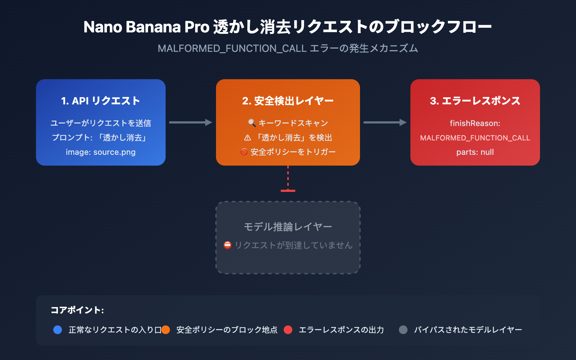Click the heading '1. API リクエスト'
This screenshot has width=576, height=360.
(100, 101)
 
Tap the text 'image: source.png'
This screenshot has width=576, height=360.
(100, 152)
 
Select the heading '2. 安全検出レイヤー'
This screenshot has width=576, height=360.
(288, 101)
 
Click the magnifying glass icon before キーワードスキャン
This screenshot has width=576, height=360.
(252, 123)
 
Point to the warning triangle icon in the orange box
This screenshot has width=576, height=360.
(248, 138)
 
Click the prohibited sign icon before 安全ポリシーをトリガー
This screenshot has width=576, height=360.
(244, 152)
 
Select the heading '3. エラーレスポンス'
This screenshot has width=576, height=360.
(475, 101)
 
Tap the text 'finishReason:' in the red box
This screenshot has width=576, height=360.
(475, 123)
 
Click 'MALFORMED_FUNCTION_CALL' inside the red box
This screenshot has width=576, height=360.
(475, 138)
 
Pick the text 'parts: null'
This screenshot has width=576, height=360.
(475, 152)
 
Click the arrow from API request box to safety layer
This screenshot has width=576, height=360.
(190, 122)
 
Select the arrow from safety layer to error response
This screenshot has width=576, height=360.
(385, 122)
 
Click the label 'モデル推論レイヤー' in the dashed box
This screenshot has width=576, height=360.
(288, 226)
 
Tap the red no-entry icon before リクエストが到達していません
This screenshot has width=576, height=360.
(228, 245)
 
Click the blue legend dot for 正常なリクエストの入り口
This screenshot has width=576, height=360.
(58, 330)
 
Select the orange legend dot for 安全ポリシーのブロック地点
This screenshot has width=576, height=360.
(166, 330)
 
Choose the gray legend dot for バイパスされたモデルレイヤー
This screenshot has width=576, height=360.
(403, 330)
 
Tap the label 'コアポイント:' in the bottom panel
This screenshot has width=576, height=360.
(77, 310)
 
